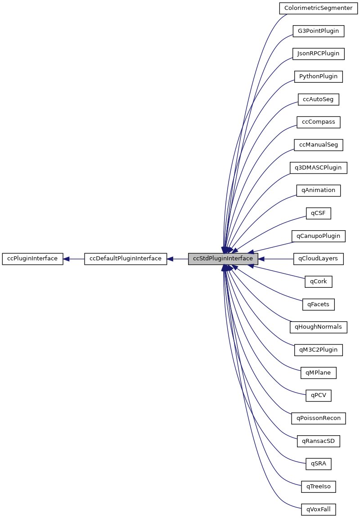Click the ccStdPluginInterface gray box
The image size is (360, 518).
tap(223, 259)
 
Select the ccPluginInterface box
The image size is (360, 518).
tap(32, 259)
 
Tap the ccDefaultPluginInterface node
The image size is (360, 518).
tap(126, 259)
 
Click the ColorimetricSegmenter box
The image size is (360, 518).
tap(318, 8)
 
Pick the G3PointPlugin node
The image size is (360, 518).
tap(318, 31)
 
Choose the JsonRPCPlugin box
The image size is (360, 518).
tap(318, 54)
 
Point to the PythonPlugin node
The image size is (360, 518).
tap(318, 76)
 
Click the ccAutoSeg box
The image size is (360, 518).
tap(318, 99)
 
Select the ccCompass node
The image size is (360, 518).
tap(318, 122)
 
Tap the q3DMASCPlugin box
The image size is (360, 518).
tap(318, 168)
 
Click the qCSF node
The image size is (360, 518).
tap(318, 213)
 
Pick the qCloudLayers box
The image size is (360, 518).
tap(318, 259)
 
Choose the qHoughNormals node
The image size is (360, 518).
tap(318, 327)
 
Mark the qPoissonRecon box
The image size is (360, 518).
tap(318, 418)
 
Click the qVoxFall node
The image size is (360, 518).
tap(318, 509)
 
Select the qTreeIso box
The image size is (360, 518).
tap(318, 487)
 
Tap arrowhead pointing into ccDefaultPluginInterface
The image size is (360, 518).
tap(171, 259)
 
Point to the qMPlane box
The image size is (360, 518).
tap(318, 373)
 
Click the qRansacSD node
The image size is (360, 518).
tap(318, 441)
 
